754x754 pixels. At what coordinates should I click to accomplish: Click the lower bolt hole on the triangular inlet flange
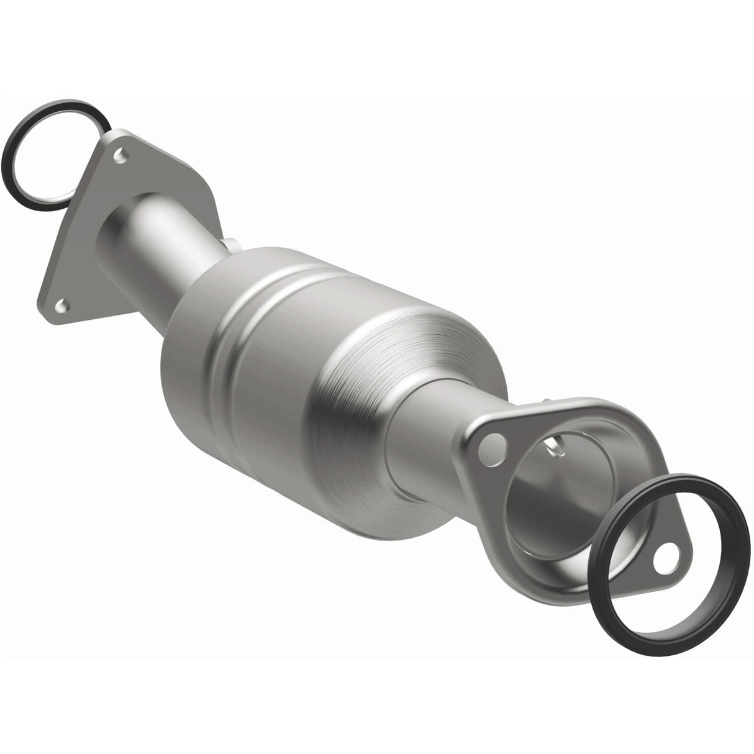[60, 305]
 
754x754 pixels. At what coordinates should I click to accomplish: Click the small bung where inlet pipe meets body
[230, 246]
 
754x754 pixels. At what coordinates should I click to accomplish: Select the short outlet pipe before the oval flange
[429, 435]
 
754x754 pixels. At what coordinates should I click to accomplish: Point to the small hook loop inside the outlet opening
[555, 444]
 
